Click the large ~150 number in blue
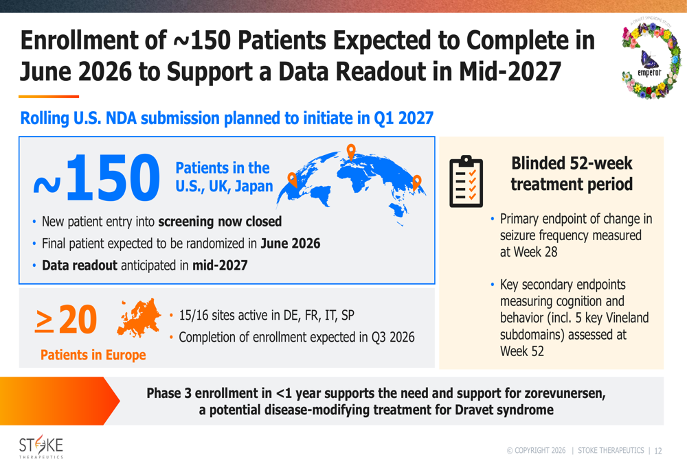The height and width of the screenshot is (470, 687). pos(97,177)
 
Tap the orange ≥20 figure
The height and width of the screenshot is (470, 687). pos(66,319)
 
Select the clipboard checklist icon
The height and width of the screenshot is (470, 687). pos(466,181)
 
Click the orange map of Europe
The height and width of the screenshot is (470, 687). pos(139,318)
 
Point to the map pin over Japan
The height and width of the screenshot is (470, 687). pos(417,182)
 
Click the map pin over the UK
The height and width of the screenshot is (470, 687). pos(351,152)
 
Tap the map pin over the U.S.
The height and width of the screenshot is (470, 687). pos(292,179)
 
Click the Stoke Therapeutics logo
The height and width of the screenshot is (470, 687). pos(41,447)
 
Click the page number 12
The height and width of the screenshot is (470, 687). pos(657,451)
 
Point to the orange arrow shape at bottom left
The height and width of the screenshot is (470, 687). pos(60,401)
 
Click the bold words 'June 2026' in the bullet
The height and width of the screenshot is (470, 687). pos(291,244)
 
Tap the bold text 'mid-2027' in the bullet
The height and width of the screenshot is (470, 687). pos(220,266)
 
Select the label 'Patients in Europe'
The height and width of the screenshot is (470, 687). pos(93,355)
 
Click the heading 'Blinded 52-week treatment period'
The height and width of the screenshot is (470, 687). pos(572,174)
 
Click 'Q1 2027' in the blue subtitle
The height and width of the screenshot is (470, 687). pos(403,118)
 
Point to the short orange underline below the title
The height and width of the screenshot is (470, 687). pos(49,96)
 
